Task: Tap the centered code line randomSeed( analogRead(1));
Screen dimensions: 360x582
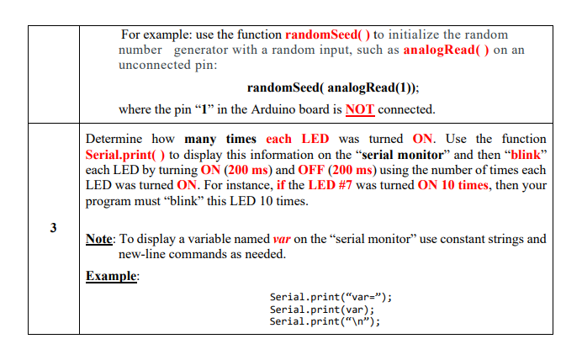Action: [333, 87]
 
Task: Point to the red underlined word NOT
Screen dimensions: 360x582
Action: [359, 109]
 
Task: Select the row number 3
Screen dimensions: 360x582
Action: [54, 228]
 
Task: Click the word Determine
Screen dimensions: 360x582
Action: [118, 139]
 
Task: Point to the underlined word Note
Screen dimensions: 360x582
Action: [99, 239]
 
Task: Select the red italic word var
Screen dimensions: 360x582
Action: [283, 239]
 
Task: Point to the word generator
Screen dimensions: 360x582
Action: [202, 50]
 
